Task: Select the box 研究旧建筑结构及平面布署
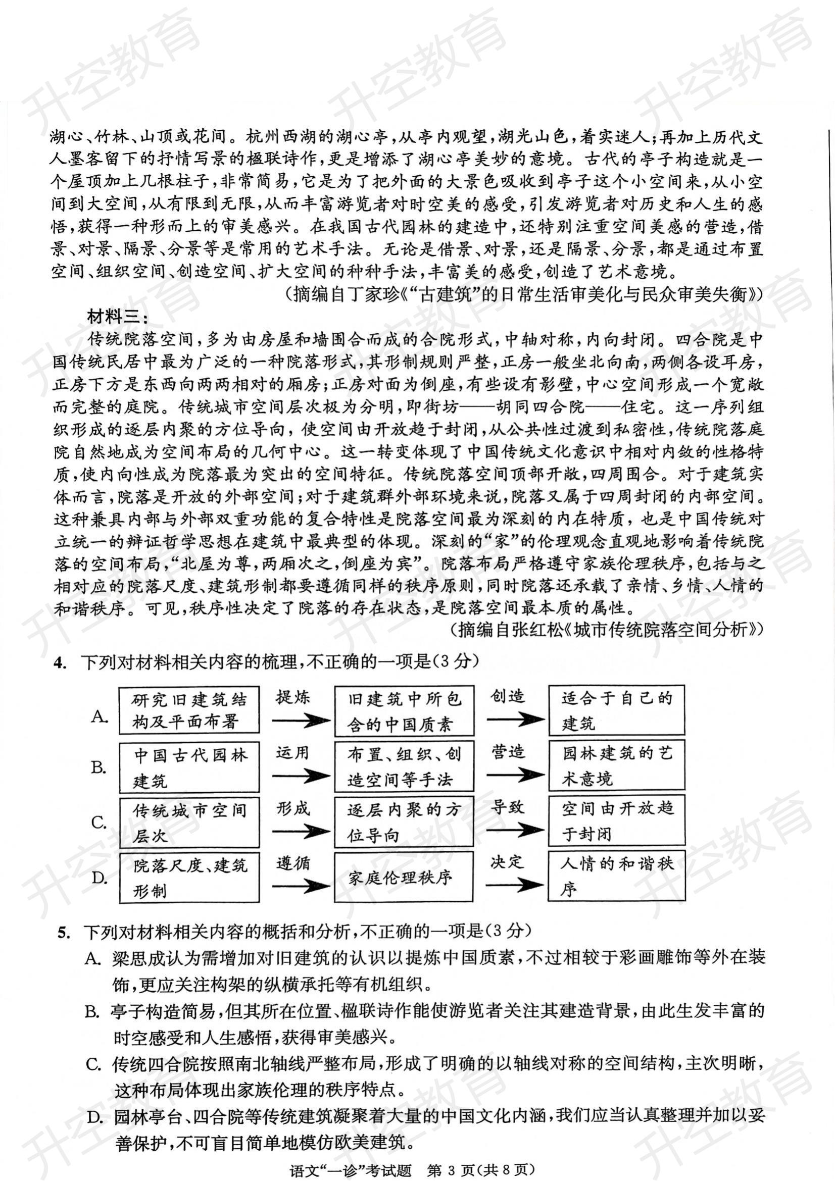click(x=189, y=710)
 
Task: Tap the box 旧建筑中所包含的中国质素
click(x=403, y=711)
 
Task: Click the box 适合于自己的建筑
click(x=616, y=710)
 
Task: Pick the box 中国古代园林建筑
click(x=189, y=767)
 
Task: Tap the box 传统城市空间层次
click(x=189, y=823)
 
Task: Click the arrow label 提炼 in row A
click(x=293, y=698)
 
